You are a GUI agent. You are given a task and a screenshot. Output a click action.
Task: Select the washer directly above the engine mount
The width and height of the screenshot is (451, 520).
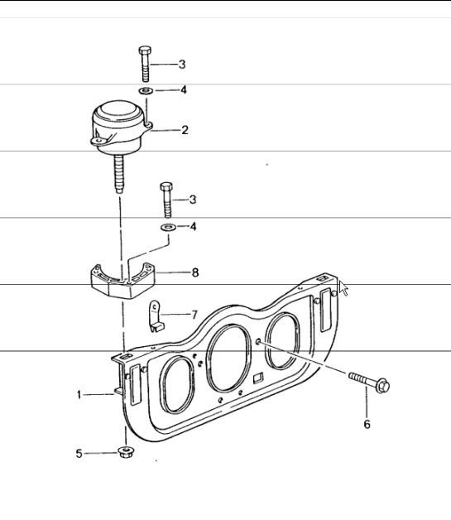pos(145,89)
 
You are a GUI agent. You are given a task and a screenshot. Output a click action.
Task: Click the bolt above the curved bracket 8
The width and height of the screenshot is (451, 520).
pos(166,199)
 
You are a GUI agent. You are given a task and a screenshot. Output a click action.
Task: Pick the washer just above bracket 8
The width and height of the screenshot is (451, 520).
pos(166,226)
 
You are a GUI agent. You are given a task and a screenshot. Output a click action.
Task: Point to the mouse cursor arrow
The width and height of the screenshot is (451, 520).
pos(343,288)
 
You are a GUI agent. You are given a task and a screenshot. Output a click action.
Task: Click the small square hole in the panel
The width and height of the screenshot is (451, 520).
pos(258,379)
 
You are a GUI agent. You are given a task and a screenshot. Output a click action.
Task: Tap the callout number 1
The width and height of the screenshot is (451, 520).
pos(79,395)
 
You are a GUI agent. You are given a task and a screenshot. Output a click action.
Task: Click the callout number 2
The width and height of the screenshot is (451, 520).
pos(185,130)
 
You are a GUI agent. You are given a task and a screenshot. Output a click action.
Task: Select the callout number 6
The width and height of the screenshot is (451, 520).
pos(367,424)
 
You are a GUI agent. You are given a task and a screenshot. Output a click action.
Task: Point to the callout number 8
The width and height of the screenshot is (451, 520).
pos(195,272)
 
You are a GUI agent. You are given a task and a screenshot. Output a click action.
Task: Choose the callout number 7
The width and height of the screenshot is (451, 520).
pos(194,315)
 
